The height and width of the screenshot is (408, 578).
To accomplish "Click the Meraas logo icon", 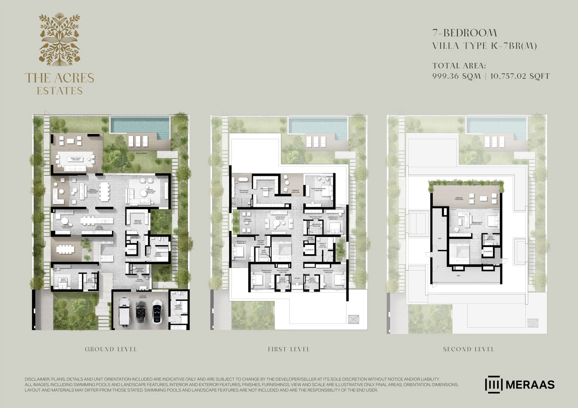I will coord(493,384).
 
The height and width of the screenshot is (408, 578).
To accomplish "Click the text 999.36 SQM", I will coord(456,76).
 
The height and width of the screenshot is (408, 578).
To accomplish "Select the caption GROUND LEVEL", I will coord(111,349).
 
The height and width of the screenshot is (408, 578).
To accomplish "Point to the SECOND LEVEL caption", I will coord(469,349).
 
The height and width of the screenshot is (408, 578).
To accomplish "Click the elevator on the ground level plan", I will coord(132,249).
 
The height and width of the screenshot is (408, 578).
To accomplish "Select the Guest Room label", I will coord(63,280).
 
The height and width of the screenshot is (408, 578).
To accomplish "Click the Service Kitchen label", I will coord(138,222).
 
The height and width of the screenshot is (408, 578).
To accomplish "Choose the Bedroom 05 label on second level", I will coord(478,223).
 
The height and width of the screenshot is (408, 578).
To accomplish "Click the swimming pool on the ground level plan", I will coord(140,124).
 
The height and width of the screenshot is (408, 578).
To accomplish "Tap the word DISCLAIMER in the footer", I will coord(36,379).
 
